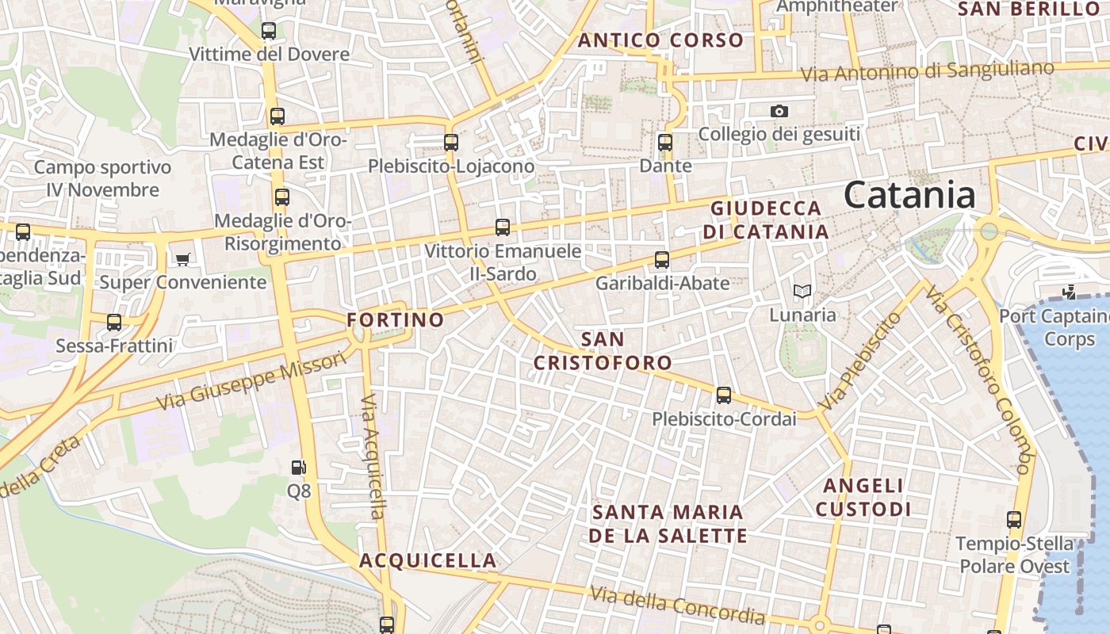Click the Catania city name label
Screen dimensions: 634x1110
coord(909,195)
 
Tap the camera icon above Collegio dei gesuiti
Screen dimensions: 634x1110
coord(779,111)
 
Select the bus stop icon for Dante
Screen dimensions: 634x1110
coord(665,143)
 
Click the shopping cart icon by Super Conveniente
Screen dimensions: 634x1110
coord(183,258)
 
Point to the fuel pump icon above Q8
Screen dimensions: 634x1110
coord(298,468)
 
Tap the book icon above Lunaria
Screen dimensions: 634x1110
coord(802,292)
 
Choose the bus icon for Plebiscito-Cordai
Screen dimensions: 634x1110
coord(723,395)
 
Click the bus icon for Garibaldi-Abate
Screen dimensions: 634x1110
coord(662,259)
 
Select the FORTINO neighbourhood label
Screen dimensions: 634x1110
coord(395,320)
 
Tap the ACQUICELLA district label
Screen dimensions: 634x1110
coord(428,560)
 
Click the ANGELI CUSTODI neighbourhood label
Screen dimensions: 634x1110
coord(863,497)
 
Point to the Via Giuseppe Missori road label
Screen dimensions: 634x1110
coord(251,381)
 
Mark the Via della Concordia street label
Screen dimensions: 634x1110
coord(678,604)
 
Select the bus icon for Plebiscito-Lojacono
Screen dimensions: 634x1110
coord(451,143)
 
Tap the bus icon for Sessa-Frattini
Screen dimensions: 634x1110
coord(114,323)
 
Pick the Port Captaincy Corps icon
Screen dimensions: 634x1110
coord(1070,292)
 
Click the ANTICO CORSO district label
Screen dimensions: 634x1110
coord(660,40)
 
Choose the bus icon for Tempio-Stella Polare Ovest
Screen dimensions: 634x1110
coord(1014,520)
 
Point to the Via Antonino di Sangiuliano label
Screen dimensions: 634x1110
coord(927,71)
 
